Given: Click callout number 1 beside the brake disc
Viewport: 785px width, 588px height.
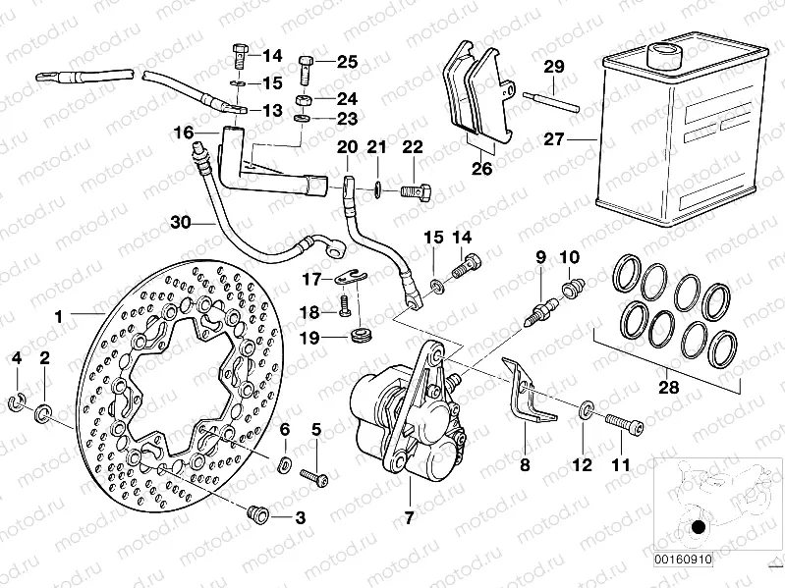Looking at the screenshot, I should [x=59, y=317].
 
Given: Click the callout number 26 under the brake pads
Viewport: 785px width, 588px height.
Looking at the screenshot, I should [x=480, y=168].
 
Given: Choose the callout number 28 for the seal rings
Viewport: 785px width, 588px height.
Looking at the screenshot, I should [x=669, y=389].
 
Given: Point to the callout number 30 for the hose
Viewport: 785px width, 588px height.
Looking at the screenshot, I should [x=178, y=222].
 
